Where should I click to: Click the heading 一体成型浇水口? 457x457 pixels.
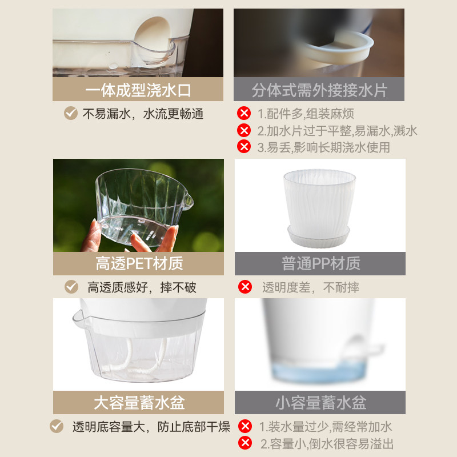(x=138, y=90)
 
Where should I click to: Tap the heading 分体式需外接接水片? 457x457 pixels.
(x=319, y=90)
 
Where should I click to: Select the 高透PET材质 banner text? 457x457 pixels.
(x=139, y=263)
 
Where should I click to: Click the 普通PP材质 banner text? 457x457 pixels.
(x=321, y=263)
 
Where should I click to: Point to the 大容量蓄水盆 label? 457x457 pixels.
(x=139, y=403)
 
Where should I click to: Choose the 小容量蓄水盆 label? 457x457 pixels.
(x=321, y=403)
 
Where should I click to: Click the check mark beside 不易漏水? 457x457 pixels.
(x=70, y=113)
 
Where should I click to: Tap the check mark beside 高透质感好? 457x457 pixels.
(x=71, y=287)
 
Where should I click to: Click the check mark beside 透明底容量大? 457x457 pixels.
(x=57, y=426)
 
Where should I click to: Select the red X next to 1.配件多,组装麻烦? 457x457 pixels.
(x=244, y=113)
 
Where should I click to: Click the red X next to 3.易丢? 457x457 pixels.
(x=244, y=146)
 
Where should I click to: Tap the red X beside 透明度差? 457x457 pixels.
(x=245, y=287)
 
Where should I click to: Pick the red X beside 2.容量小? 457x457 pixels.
(x=245, y=443)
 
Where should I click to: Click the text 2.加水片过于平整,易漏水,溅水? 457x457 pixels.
(x=337, y=131)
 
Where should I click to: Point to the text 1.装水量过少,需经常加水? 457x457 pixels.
(x=326, y=427)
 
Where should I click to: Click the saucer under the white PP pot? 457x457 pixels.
(x=318, y=236)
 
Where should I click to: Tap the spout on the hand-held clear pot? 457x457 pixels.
(x=187, y=202)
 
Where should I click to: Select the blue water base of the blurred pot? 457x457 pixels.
(x=318, y=372)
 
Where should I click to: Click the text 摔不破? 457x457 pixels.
(x=178, y=287)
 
